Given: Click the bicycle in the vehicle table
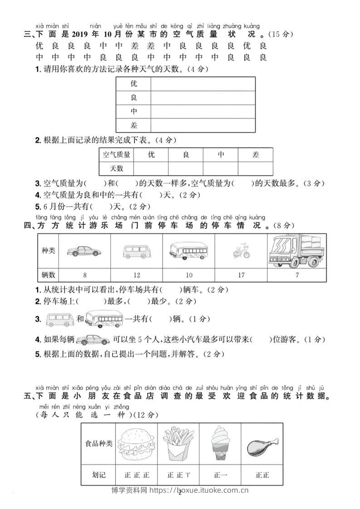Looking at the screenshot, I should click(241, 251).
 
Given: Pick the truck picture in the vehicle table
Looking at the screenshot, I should click(296, 251).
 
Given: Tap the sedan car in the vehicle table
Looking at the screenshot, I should click(84, 251).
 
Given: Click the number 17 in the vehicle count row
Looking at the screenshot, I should click(241, 275).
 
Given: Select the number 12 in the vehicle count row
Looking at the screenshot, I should click(137, 275).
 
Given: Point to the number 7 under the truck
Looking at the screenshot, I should click(297, 275).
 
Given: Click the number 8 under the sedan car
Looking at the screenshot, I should click(85, 275).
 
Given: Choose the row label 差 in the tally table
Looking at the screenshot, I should click(133, 125).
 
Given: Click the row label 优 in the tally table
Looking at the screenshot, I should click(133, 83).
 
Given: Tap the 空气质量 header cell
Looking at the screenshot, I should click(117, 155).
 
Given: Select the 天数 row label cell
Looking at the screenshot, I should click(117, 168).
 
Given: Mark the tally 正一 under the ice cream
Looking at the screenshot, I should click(221, 475).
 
